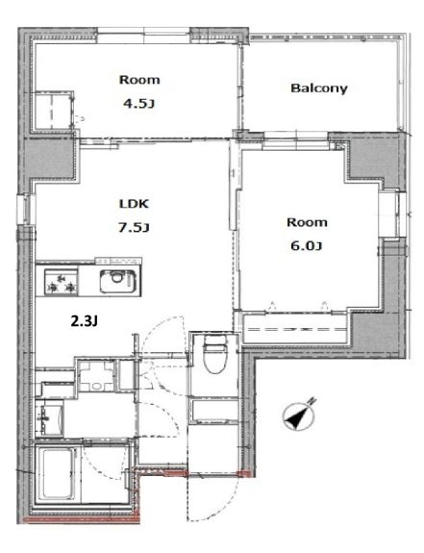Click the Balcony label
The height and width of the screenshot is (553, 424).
click(x=319, y=88)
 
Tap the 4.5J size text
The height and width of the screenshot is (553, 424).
click(x=138, y=104)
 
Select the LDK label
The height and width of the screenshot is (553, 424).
click(x=134, y=204)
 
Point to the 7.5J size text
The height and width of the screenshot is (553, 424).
click(x=134, y=228)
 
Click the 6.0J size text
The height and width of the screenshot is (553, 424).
click(x=307, y=246)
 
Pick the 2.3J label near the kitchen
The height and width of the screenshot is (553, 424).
click(x=85, y=321)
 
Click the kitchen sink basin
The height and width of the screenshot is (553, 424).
click(x=117, y=281)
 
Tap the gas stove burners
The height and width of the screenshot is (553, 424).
click(x=61, y=283)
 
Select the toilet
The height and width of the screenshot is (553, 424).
click(x=215, y=355)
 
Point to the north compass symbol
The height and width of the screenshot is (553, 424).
click(x=299, y=415)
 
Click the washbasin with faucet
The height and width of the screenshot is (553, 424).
click(x=49, y=420)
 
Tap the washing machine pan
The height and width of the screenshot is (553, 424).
click(x=96, y=376)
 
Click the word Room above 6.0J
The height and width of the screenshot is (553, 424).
click(x=307, y=222)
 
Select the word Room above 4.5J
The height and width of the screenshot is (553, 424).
click(x=139, y=80)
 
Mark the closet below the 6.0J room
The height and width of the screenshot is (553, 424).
click(x=295, y=329)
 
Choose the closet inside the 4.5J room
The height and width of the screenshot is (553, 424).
click(x=53, y=111)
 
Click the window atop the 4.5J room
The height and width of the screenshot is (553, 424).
click(x=144, y=35)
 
